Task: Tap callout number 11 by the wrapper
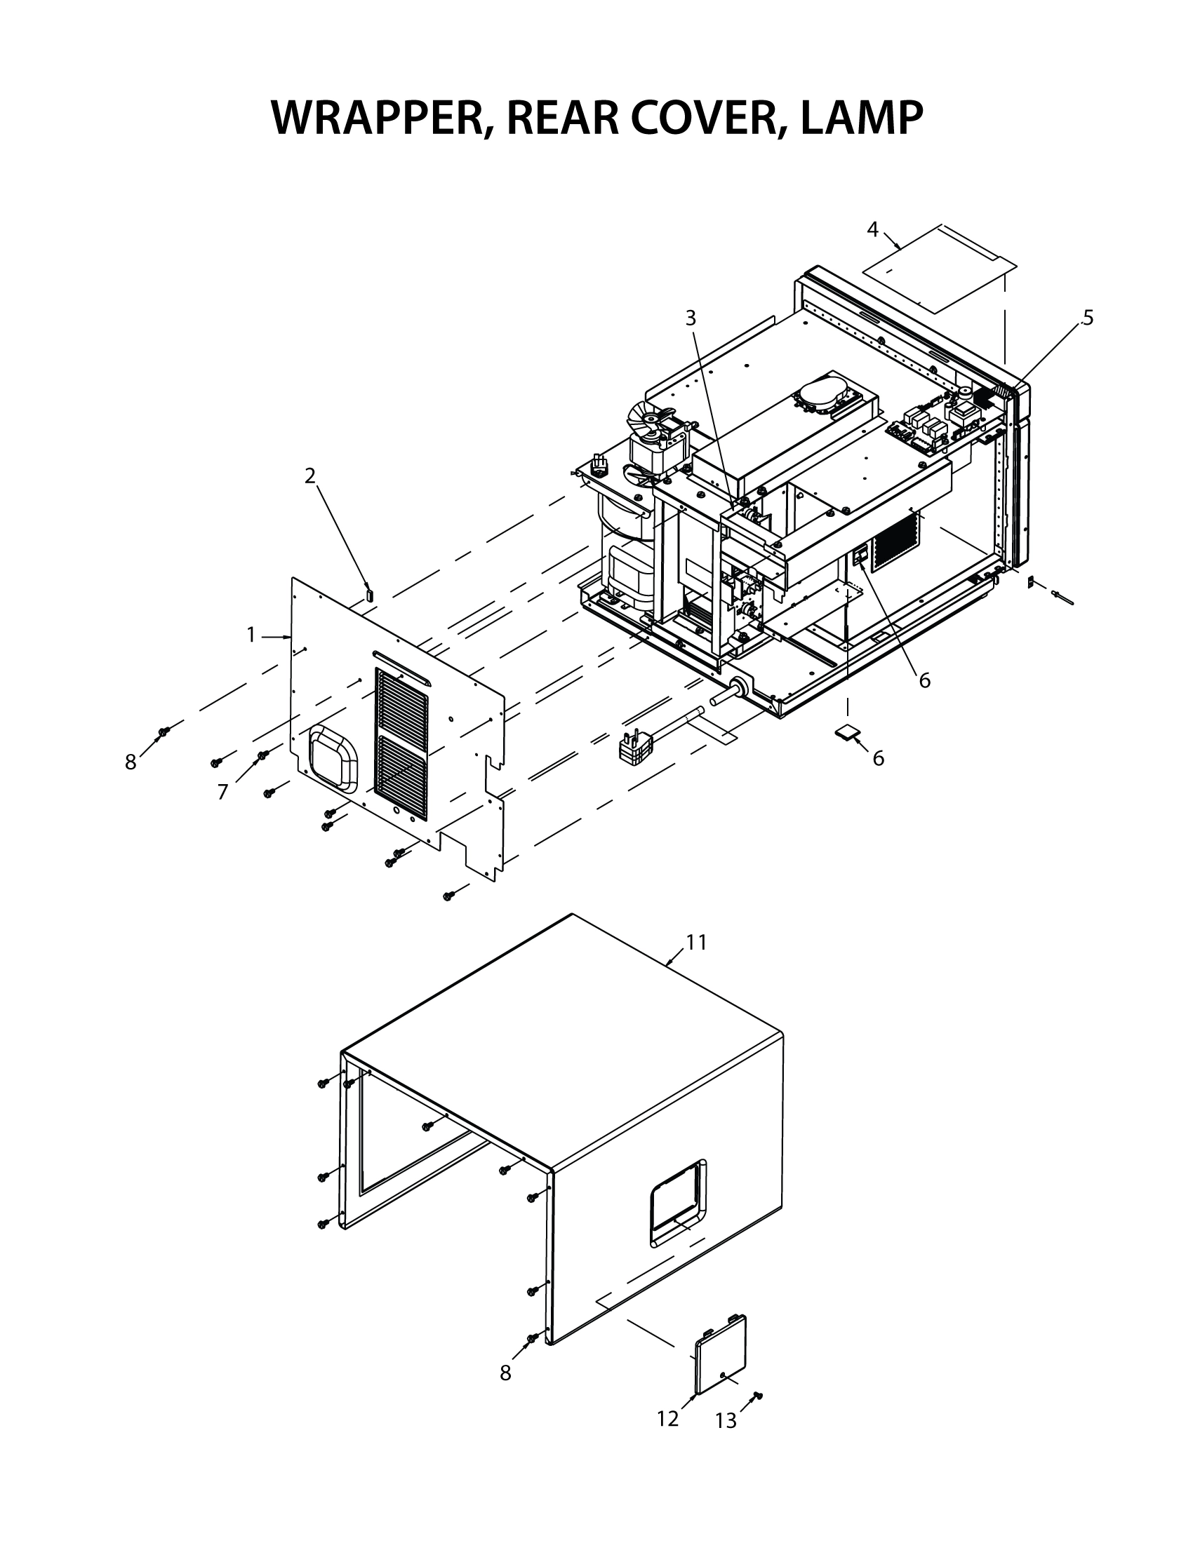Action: pos(696,943)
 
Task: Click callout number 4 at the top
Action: pos(872,229)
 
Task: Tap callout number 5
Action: pos(1088,318)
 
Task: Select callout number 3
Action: pos(691,318)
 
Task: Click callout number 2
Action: pos(309,476)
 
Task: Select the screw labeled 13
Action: pos(758,1395)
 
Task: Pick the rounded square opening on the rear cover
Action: pos(333,758)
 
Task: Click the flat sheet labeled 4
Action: pos(940,269)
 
